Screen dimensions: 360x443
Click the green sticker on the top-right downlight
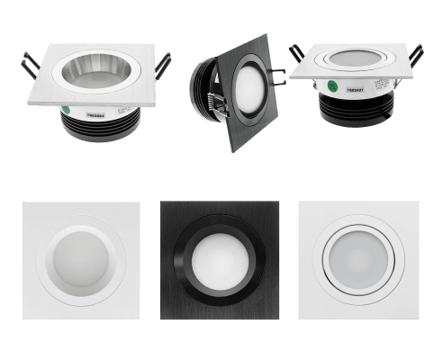334,88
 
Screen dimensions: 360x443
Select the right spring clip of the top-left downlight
164,63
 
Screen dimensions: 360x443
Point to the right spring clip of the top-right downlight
415,57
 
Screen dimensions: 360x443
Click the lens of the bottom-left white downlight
81,261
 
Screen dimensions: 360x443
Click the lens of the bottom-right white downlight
358,260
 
